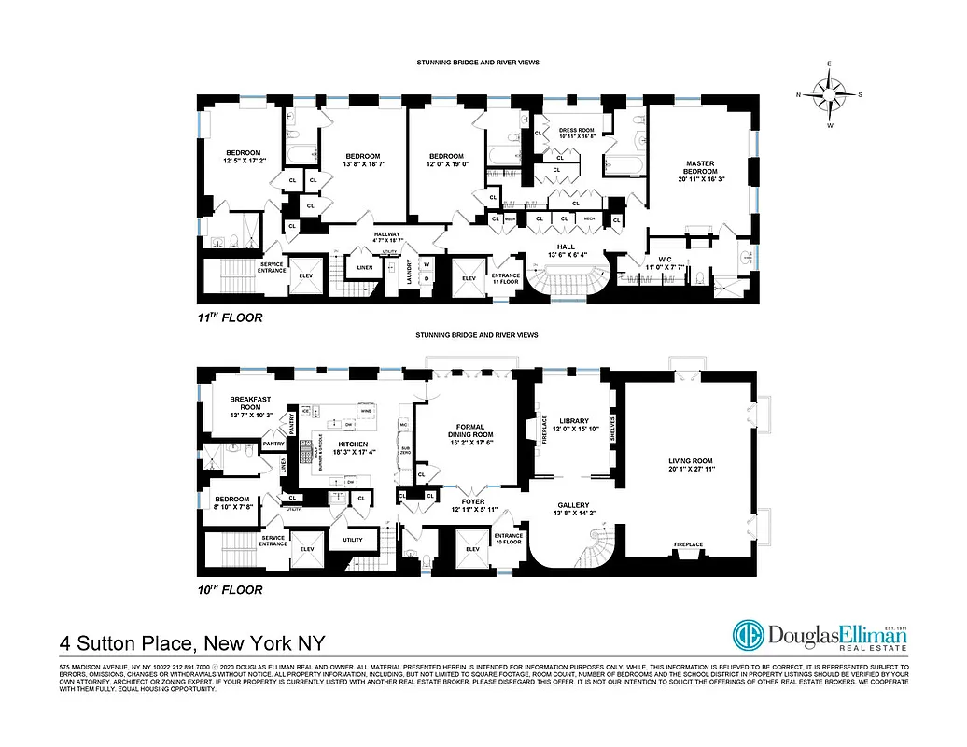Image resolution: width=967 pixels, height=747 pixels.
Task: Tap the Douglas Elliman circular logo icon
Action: pos(749,636)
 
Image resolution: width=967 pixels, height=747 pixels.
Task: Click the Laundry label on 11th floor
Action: pos(410,271)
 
